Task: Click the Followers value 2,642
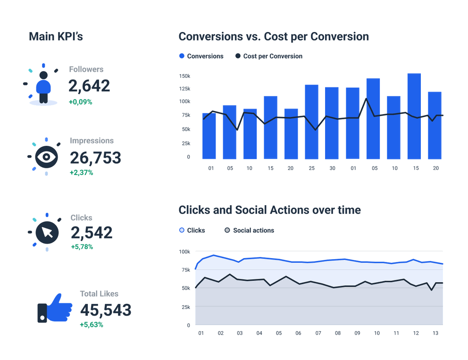(89, 86)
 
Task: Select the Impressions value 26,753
(95, 158)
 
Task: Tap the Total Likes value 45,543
(106, 310)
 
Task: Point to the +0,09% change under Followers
(80, 102)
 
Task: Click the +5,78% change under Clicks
(82, 247)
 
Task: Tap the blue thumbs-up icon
(55, 309)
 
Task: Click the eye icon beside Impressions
(46, 157)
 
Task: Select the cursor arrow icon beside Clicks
(47, 232)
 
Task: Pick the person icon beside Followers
(43, 86)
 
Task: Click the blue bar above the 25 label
(311, 122)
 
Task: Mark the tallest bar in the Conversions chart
(414, 116)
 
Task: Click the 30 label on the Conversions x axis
(332, 168)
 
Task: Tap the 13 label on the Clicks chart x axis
(435, 333)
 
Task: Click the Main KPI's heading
(56, 36)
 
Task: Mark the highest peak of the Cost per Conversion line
(366, 99)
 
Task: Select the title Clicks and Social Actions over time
(269, 210)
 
